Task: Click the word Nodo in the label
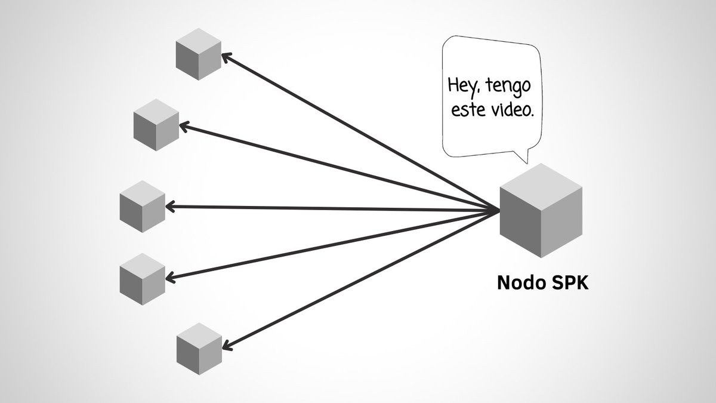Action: [x=518, y=283]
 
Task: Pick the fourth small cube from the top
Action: [x=142, y=276]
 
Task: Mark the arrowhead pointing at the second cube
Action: [x=183, y=127]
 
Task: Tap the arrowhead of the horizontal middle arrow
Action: [x=169, y=207]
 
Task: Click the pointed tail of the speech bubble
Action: [x=525, y=159]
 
